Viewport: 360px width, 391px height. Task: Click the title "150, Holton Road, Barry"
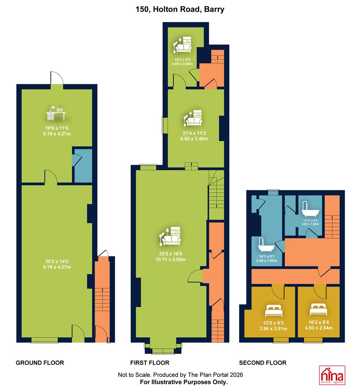[x=180, y=9]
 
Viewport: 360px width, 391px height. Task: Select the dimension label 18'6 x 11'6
[x=57, y=128]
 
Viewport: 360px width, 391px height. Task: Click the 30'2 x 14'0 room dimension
[x=57, y=261]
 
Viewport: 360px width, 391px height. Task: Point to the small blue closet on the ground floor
[x=83, y=166]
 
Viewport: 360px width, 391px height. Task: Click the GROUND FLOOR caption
[x=40, y=362]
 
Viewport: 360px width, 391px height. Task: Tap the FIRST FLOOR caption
[x=150, y=362]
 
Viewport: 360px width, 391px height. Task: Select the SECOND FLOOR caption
[x=263, y=362]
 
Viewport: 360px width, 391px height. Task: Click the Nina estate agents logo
[x=332, y=375]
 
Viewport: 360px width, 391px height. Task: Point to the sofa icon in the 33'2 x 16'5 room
[x=170, y=236]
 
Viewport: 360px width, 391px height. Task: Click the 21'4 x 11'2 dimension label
[x=194, y=133]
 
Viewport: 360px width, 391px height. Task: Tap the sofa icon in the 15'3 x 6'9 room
[x=182, y=45]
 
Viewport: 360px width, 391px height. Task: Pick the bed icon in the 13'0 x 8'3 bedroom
[x=273, y=311]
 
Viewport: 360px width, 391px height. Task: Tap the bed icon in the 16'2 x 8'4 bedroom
[x=318, y=310]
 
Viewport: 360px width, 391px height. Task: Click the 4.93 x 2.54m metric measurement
[x=319, y=328]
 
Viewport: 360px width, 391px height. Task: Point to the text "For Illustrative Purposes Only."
[x=184, y=382]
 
